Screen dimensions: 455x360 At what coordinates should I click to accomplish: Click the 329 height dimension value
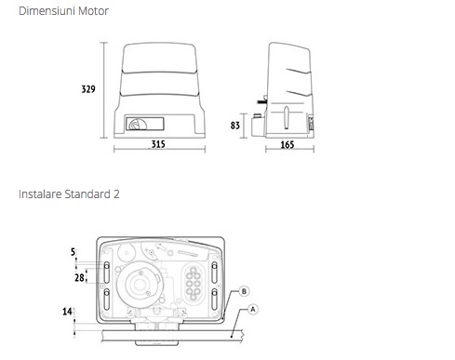pos(88,89)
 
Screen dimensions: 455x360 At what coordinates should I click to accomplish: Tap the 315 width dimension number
pos(158,144)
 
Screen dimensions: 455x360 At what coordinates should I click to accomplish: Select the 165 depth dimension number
pos(288,145)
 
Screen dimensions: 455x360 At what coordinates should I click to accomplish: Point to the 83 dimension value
pos(235,126)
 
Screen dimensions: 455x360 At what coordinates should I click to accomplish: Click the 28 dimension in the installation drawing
pos(79,277)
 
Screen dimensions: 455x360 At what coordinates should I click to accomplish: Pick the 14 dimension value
pos(67,312)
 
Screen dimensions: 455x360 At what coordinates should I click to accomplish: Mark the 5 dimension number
pos(73,252)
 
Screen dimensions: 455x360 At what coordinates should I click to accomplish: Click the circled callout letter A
pos(253,310)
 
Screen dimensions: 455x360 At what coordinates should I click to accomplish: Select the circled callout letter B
pos(244,291)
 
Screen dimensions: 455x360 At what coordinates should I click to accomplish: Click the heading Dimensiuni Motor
pos(63,11)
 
